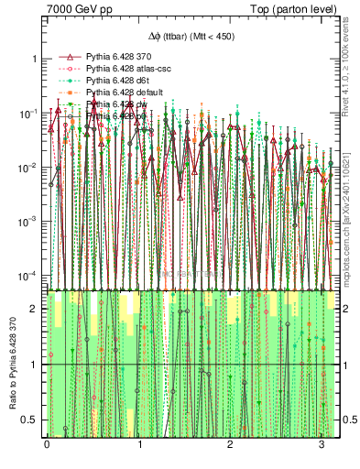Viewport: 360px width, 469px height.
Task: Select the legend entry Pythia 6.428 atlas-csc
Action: (x=125, y=69)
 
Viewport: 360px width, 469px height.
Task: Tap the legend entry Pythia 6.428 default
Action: (x=122, y=93)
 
